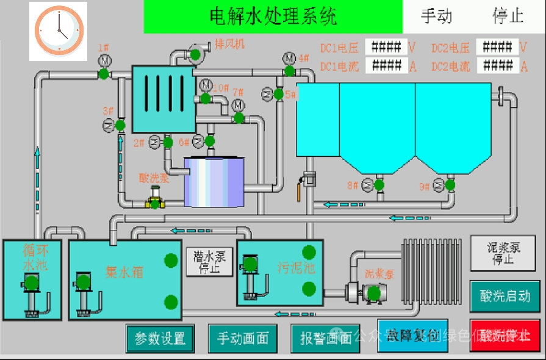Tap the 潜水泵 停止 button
click(209, 262)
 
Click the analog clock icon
click(59, 31)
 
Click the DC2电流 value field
click(497, 65)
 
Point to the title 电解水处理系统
click(273, 16)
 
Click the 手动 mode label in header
click(436, 16)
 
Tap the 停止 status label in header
click(508, 16)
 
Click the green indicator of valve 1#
click(104, 74)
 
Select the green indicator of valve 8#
click(379, 184)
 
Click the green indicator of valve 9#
click(450, 184)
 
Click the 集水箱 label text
click(124, 272)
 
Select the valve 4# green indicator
click(290, 71)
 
